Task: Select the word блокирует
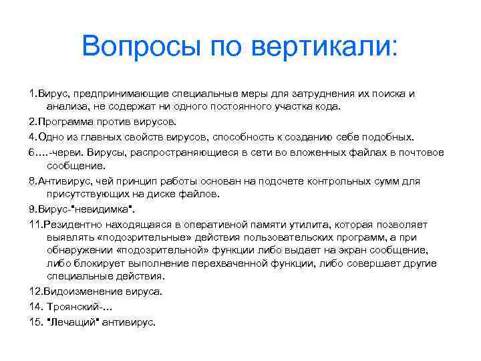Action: (x=97, y=263)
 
